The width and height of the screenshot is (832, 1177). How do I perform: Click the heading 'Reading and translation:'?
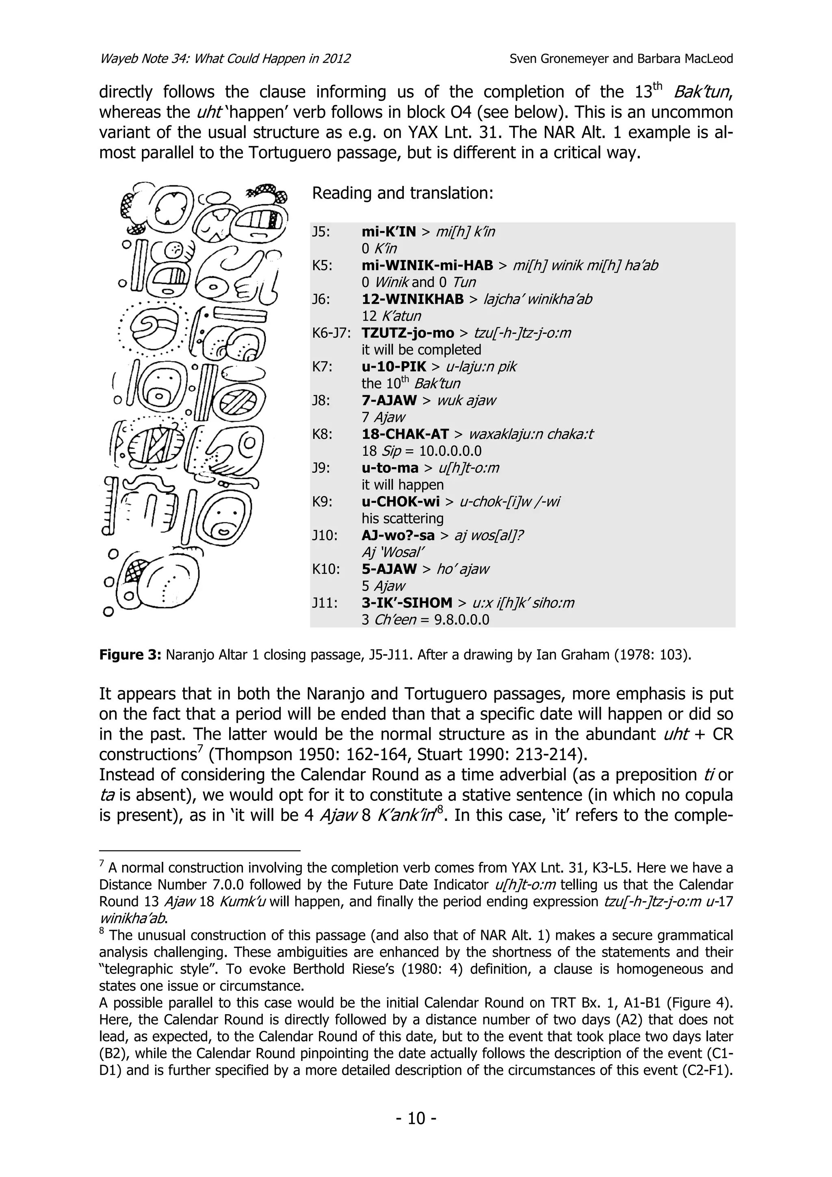pos(403,193)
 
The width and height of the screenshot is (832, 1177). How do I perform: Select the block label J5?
pos(321,232)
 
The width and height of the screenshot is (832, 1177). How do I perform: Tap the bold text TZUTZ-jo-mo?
pos(407,333)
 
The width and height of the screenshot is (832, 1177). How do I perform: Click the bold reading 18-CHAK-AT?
pos(405,435)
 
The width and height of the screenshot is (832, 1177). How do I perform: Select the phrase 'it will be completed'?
pos(421,350)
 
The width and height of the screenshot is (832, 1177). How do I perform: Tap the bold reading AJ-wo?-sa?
pos(398,536)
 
